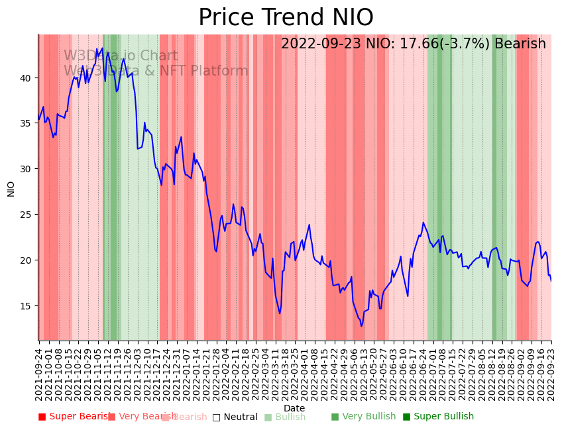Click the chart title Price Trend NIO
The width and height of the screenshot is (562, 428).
click(x=286, y=18)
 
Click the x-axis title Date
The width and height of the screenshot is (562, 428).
click(x=294, y=408)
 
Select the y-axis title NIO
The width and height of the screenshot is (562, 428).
click(x=11, y=188)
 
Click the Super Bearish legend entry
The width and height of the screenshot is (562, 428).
click(x=74, y=417)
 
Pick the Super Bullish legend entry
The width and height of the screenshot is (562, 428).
click(x=438, y=417)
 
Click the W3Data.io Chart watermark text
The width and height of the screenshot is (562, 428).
click(x=121, y=56)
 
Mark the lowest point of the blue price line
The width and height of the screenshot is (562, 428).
click(x=361, y=326)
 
